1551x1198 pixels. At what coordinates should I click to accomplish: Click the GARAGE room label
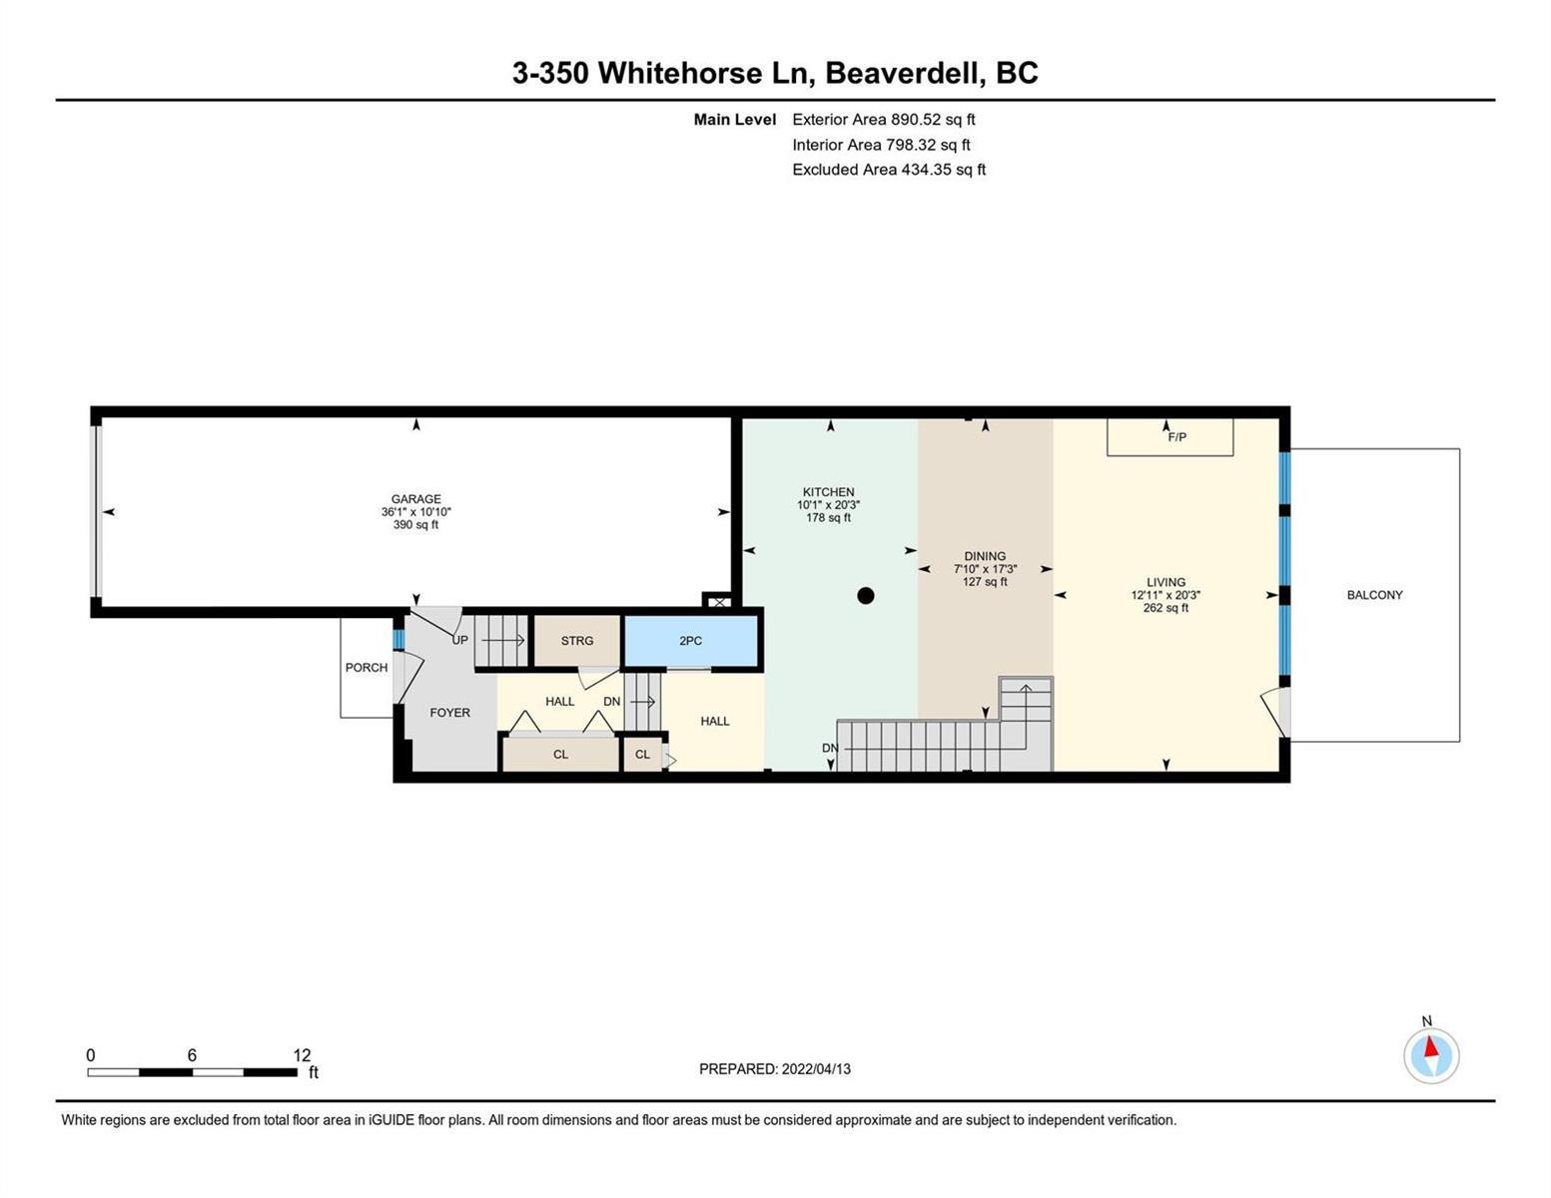point(416,499)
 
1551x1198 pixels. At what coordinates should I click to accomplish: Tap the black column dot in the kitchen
point(865,595)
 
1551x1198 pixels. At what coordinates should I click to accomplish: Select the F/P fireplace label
point(1177,436)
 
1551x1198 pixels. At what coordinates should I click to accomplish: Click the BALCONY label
point(1374,595)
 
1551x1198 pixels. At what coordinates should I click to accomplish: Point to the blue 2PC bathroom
point(691,641)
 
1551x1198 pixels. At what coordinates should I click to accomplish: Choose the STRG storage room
point(577,641)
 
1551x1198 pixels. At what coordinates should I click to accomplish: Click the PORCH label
point(367,667)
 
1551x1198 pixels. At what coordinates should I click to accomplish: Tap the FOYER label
point(449,712)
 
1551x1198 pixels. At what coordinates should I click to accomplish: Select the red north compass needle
point(1430,1046)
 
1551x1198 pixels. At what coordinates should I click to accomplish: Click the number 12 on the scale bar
point(302,1054)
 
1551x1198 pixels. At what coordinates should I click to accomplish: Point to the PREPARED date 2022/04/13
point(816,1069)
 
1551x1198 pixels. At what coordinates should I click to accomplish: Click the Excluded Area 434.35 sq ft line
point(889,170)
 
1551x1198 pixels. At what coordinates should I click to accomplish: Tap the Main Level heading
point(734,119)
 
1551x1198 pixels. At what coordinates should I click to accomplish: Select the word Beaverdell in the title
point(903,73)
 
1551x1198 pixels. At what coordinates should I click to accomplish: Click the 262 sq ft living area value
point(1165,608)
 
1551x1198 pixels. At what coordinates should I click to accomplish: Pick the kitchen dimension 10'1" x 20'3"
point(828,504)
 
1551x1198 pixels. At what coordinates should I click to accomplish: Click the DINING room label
point(985,556)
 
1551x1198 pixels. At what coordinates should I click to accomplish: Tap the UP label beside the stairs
point(460,640)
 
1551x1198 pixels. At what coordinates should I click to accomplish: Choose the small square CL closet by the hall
point(642,754)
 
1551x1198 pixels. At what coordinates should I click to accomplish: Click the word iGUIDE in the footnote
point(391,1120)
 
